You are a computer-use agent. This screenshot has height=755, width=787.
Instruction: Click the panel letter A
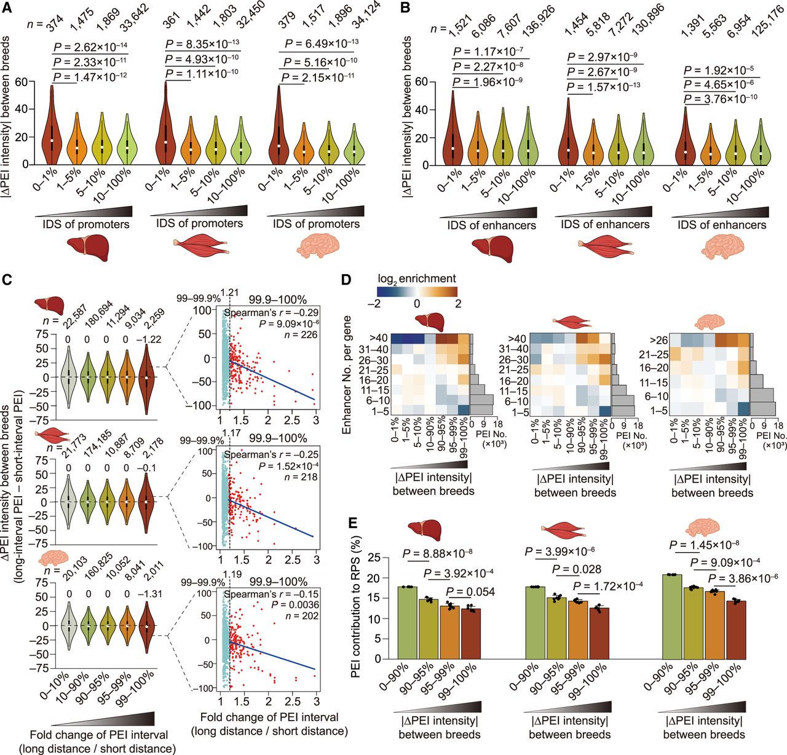[x=8, y=8]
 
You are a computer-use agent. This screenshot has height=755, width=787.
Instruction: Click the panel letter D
[x=346, y=280]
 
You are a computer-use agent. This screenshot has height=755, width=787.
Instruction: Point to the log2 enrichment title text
[x=417, y=279]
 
